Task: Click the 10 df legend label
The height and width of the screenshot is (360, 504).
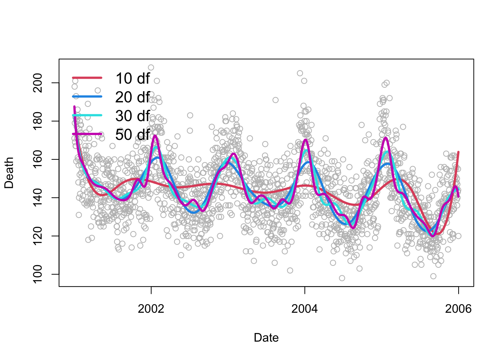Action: click(x=132, y=78)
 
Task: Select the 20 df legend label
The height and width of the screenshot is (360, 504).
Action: click(x=132, y=97)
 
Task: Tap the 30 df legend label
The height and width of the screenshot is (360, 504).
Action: click(x=132, y=116)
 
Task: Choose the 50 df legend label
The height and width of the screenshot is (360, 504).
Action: click(x=132, y=135)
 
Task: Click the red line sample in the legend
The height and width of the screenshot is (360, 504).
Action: click(x=87, y=78)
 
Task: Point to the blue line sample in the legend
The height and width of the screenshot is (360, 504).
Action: click(x=87, y=97)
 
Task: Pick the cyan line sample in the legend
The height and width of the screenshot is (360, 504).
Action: click(x=87, y=115)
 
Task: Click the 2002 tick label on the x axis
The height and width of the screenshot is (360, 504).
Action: click(x=151, y=309)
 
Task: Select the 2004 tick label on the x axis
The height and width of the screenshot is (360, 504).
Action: click(x=304, y=309)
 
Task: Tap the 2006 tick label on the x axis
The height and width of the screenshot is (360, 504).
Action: click(x=458, y=309)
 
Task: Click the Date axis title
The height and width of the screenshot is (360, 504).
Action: click(x=266, y=337)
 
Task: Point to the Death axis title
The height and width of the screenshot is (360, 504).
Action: click(x=9, y=173)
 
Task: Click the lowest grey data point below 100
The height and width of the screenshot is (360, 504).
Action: click(x=342, y=278)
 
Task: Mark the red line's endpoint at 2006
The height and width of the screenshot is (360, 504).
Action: click(x=458, y=152)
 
